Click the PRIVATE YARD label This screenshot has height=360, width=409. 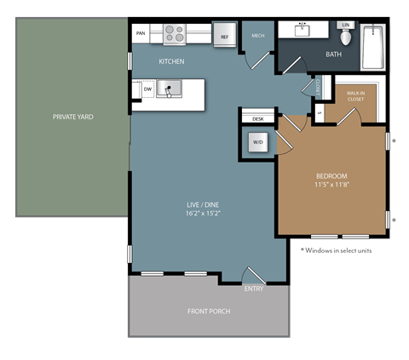point(72,116)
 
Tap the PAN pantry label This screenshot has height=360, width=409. point(141,36)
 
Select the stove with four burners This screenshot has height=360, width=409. point(174,34)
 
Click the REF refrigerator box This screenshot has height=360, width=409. point(225,37)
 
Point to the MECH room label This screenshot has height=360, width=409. point(257,36)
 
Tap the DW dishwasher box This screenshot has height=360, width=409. point(147,88)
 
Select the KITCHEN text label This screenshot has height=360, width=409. point(171,62)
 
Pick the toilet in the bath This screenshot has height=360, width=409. point(345,36)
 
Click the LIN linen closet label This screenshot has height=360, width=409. point(345,26)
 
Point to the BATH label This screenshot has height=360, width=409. point(335,55)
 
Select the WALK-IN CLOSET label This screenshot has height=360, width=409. point(355,96)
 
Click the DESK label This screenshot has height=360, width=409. point(257,119)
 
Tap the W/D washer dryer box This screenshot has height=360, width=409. point(257,142)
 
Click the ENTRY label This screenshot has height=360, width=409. point(253,289)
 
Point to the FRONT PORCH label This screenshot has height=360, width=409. point(209,311)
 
